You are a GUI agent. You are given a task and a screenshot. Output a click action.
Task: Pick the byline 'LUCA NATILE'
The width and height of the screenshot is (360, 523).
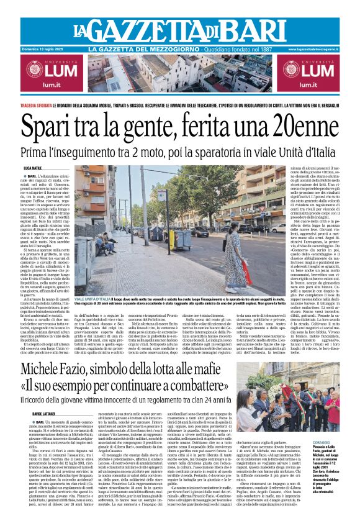coord(32,168)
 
